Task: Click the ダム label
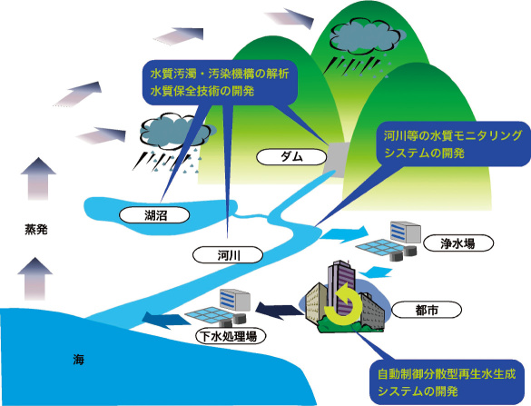point(291,157)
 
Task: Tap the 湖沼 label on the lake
point(154,215)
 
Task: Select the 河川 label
point(228,255)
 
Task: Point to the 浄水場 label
point(458,243)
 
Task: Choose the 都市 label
point(427,310)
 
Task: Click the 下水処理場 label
point(231,337)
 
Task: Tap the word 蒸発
point(36,230)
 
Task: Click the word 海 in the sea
point(78,360)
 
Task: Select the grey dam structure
point(336,160)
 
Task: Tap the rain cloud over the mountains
point(366,35)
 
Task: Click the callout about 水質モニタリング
point(453,144)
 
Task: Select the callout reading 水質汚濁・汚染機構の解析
point(220,83)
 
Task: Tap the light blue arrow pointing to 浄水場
point(344,234)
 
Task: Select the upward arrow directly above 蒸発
point(38,179)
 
